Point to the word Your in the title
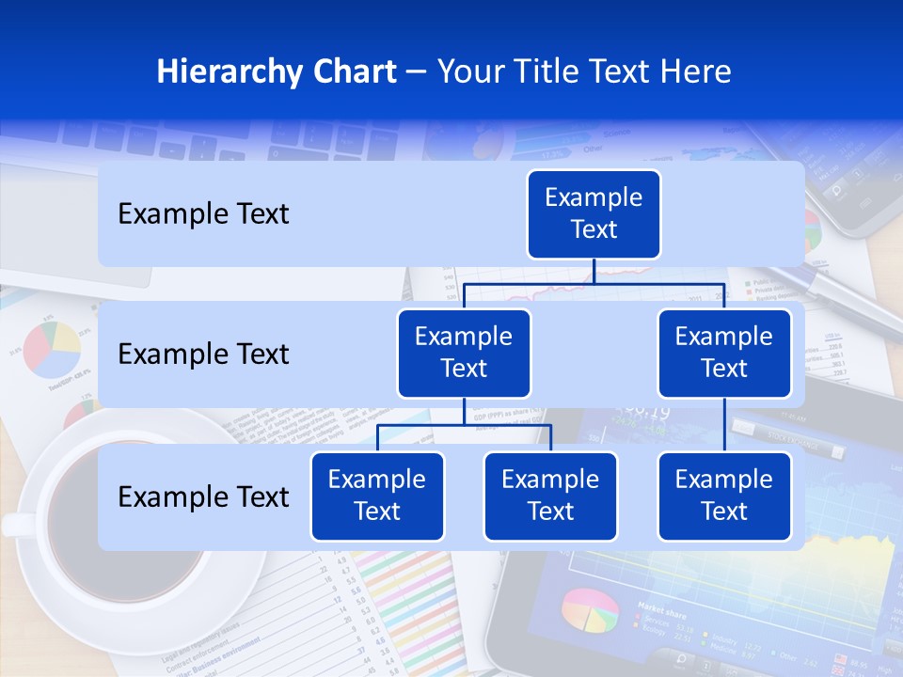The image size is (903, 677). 467,72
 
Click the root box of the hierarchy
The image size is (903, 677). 594,214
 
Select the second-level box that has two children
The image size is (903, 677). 464,353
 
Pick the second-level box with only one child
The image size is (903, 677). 724,353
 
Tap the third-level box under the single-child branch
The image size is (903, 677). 724,496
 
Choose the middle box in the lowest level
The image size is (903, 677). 550,496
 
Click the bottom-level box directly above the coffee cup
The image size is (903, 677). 377,496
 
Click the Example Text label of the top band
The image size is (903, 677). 203,214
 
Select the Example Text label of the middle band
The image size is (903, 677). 203,354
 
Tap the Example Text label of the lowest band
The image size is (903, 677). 203,496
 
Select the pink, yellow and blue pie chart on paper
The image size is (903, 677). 52,349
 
